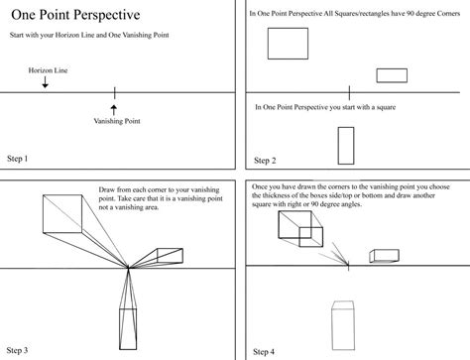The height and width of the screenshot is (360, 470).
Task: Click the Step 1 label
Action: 24,159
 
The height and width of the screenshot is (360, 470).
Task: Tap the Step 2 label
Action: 265,160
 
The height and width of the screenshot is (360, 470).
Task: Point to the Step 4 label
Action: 265,350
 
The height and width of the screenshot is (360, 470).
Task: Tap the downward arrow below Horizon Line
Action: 45,84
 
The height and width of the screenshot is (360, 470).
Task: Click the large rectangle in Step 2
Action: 288,45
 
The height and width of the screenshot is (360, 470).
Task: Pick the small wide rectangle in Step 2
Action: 392,75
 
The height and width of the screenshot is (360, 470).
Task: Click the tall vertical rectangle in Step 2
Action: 346,146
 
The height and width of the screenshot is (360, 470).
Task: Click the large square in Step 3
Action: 60,214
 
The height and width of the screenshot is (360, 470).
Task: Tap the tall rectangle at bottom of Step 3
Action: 128,328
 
